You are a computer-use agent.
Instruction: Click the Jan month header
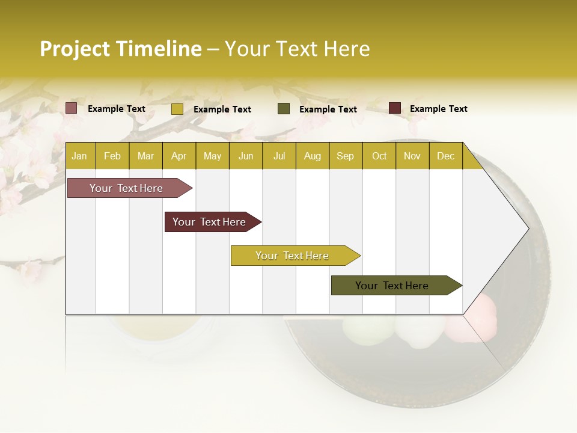pos(79,156)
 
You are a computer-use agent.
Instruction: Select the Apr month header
pos(179,156)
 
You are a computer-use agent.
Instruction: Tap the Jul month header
pos(279,156)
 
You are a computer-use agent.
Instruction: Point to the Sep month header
pos(345,156)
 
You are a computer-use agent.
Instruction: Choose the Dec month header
pos(445,156)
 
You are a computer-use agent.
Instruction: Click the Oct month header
pos(379,156)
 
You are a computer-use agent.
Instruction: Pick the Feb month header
pos(112,156)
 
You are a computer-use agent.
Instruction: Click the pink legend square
pos(72,108)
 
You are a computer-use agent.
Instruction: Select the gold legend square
pos(177,109)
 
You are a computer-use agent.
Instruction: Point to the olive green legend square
pos(284,109)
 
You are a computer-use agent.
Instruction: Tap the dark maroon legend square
pos(395,108)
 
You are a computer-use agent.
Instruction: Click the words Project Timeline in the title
pos(120,49)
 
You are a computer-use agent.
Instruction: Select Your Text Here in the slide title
pos(297,49)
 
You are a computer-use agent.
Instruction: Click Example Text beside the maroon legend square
pos(438,109)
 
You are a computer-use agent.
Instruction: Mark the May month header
pos(212,156)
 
